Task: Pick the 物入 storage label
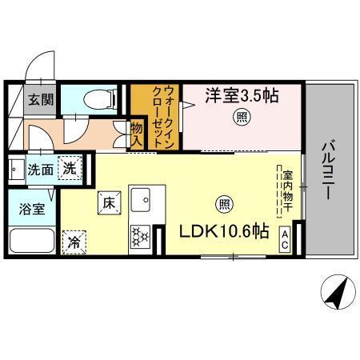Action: (x=137, y=134)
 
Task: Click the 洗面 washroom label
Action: (x=40, y=170)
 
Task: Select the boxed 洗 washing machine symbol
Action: (x=70, y=169)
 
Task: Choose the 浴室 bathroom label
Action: (x=31, y=210)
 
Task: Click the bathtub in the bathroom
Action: (x=32, y=240)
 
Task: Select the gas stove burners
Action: (x=142, y=236)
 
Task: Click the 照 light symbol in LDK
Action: (x=225, y=202)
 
